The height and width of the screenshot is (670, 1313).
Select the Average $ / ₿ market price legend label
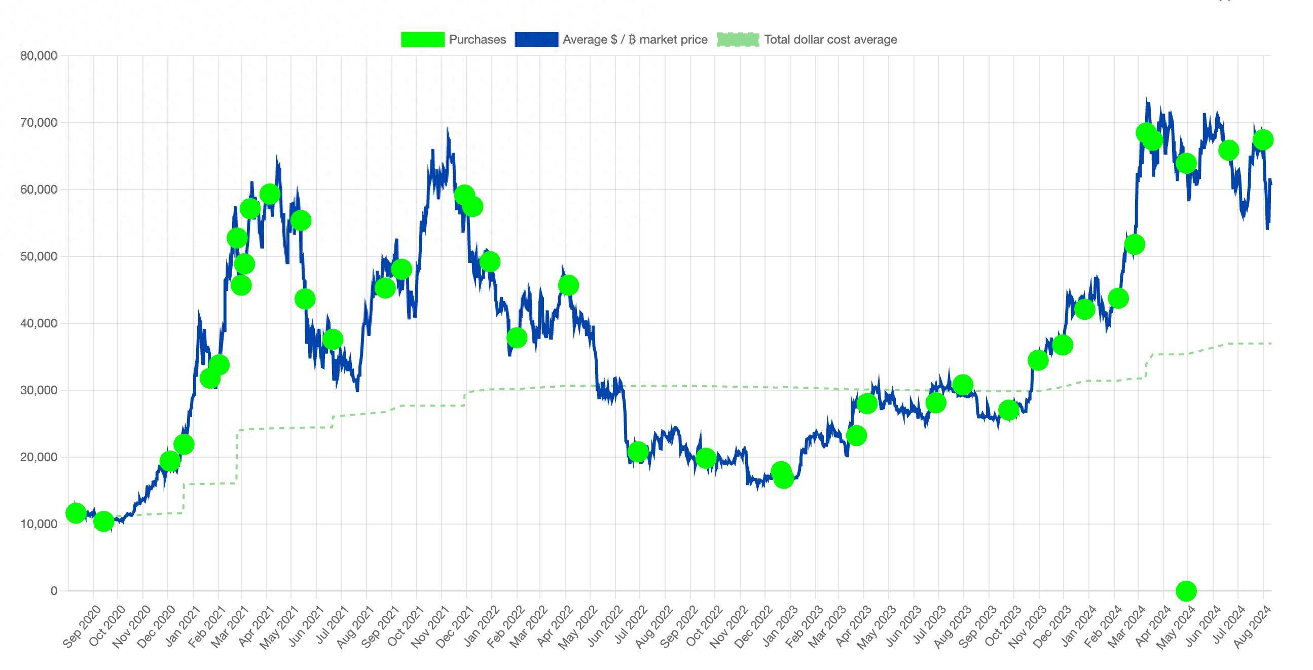tap(635, 40)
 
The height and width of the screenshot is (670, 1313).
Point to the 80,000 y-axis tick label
tap(39, 56)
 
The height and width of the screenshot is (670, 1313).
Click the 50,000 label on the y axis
tap(39, 256)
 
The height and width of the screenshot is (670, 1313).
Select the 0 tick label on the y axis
tap(54, 591)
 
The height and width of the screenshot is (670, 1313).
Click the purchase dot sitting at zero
tap(1186, 591)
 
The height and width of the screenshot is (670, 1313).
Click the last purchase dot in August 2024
tap(1262, 139)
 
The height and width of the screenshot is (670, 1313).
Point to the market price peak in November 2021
tap(448, 130)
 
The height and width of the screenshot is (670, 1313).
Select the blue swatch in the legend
tap(536, 40)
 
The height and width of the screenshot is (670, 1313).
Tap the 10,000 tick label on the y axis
tap(39, 524)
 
